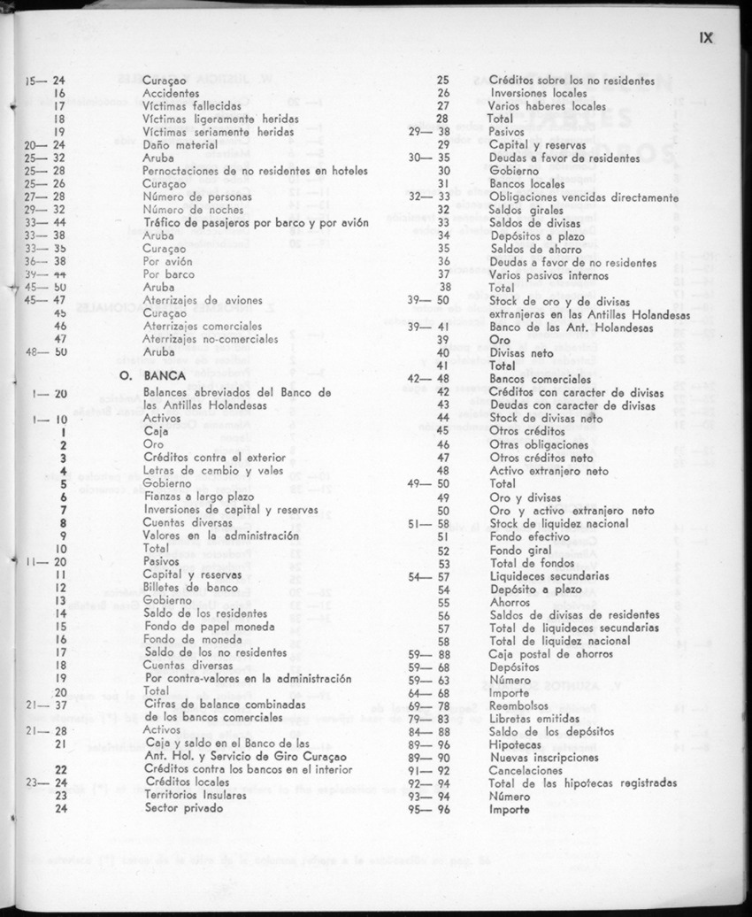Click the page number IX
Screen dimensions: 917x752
[705, 38]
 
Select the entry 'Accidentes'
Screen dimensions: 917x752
[173, 92]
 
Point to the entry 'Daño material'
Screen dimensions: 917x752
[181, 143]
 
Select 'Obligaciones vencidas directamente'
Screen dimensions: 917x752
[583, 196]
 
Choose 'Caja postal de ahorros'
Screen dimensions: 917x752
[550, 654]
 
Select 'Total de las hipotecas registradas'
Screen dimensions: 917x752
[583, 783]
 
